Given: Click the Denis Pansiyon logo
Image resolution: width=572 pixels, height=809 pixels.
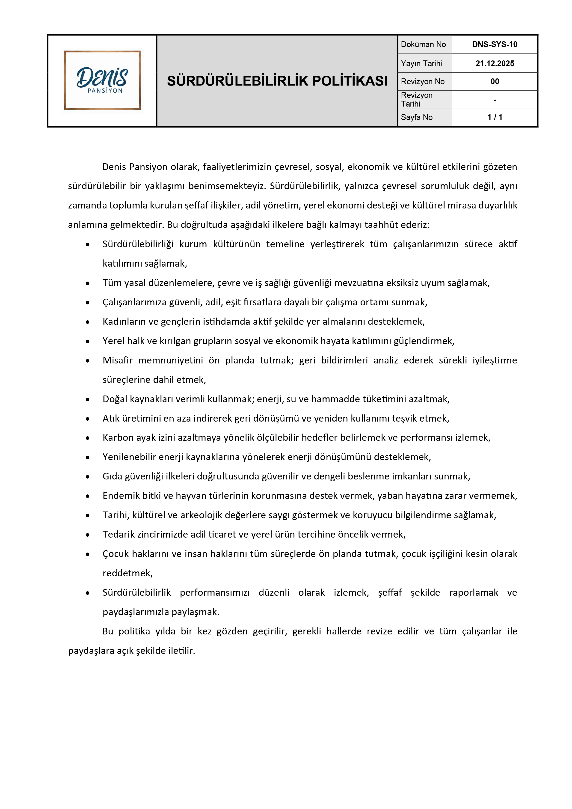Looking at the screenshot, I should tap(102, 80).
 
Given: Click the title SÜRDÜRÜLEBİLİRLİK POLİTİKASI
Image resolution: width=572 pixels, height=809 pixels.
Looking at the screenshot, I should tap(277, 81).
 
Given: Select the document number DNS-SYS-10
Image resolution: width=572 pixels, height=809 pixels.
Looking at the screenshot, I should tap(495, 45).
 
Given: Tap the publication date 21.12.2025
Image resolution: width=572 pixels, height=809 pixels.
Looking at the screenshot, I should tap(495, 63).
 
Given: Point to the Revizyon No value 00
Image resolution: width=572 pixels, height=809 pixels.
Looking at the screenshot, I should tap(495, 82).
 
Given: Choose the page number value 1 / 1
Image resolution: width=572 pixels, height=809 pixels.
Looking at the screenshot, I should tap(495, 117).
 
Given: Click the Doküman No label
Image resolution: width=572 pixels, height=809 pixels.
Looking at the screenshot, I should tap(423, 45).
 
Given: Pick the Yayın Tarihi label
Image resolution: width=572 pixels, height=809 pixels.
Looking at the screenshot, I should tap(421, 63).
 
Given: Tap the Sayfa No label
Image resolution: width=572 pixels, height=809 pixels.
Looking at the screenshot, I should tap(416, 117).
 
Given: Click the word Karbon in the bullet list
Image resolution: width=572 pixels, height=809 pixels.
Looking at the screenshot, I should tap(116, 438).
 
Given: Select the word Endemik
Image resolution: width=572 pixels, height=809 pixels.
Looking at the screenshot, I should tap(119, 496).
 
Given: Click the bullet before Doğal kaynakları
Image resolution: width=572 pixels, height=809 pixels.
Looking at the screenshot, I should tap(88, 400).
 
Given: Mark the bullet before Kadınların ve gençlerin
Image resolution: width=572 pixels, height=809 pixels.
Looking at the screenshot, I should tap(88, 322).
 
